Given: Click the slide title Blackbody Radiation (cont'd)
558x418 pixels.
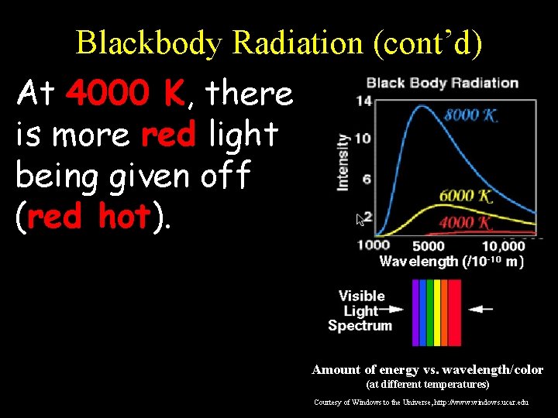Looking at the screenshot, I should click(279, 43).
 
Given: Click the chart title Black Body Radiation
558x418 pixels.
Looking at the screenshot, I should click(442, 83).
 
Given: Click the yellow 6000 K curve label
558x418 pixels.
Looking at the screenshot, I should click(465, 197).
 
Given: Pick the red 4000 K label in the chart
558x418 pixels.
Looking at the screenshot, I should click(465, 223).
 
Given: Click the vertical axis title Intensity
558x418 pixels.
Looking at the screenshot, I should click(343, 161).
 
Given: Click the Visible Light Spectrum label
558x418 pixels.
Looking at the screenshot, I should click(361, 310).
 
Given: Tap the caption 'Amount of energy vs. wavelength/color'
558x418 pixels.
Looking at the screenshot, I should click(427, 370).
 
